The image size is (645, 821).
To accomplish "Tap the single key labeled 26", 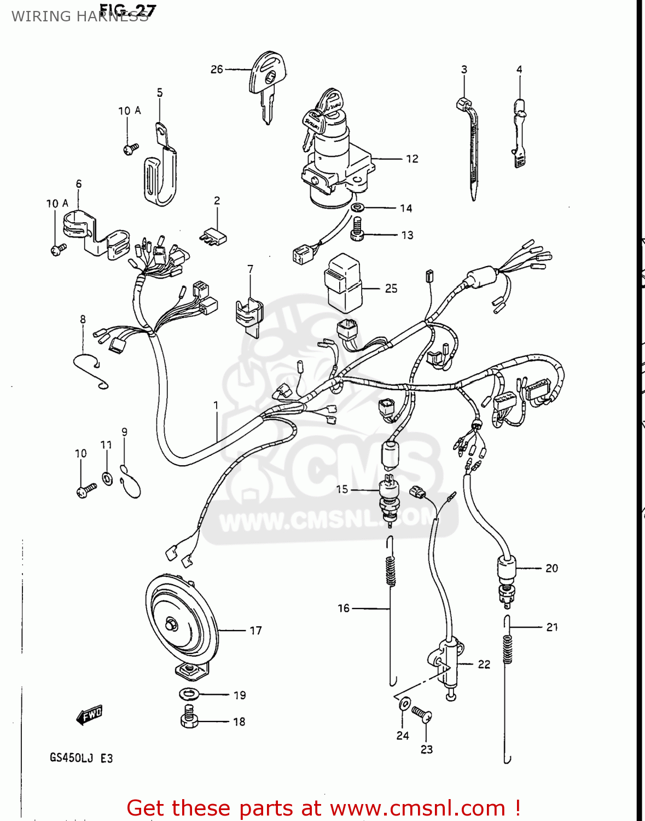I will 268,82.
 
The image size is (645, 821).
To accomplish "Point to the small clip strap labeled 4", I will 519,131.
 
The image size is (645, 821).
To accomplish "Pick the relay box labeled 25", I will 344,282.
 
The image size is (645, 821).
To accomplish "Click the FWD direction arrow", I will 89,715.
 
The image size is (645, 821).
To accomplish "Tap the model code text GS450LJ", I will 71,758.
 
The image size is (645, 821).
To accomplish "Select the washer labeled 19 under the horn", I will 189,694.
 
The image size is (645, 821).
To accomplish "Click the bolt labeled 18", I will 189,717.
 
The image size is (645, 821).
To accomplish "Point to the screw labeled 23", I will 422,714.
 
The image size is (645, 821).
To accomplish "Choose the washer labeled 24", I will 404,704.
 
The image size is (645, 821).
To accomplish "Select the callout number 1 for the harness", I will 216,406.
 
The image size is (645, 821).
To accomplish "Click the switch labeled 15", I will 389,498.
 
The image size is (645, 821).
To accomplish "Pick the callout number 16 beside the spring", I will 343,608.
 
